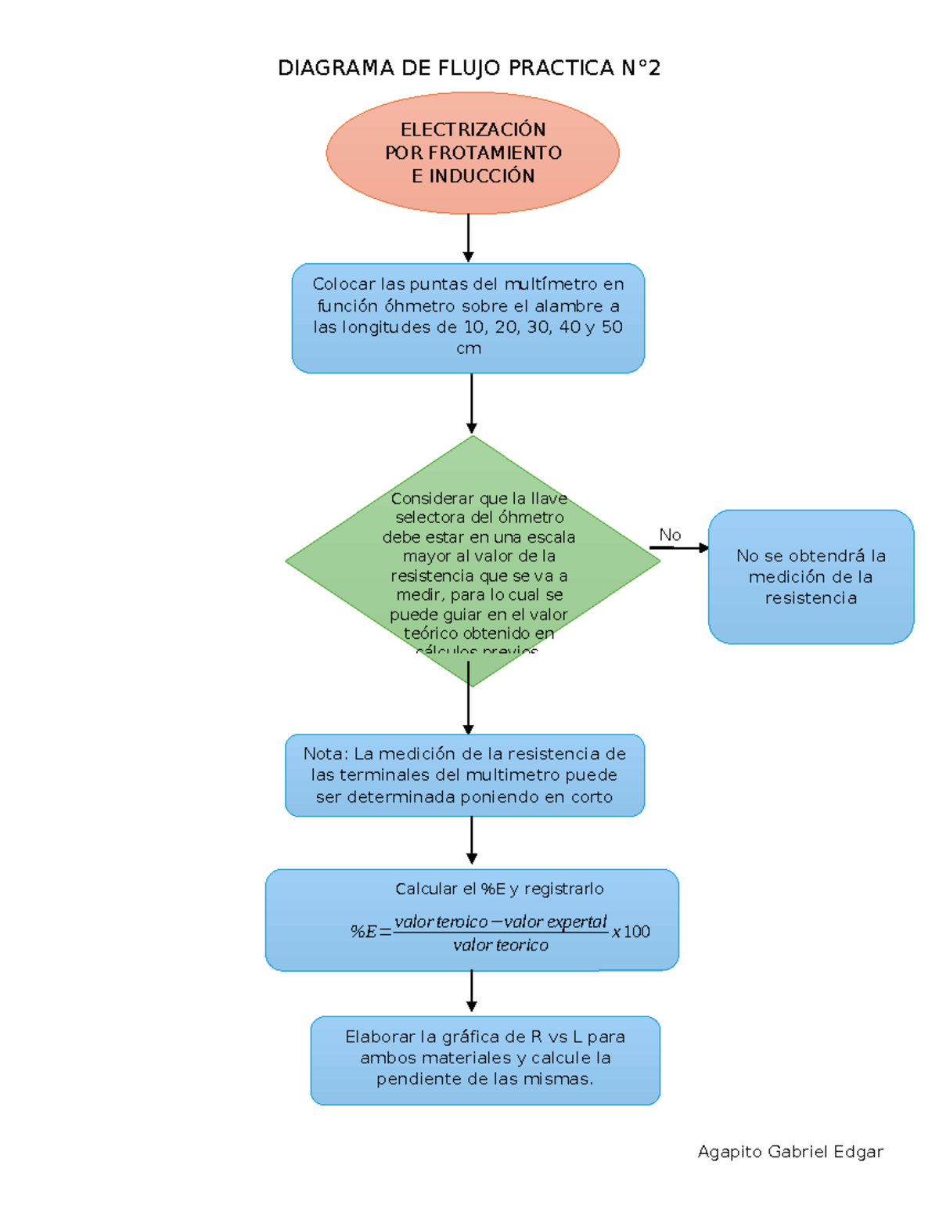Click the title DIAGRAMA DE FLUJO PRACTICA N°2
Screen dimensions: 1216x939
click(469, 68)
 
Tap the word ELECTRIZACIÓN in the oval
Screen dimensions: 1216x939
click(473, 129)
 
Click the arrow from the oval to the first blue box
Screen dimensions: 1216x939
click(468, 238)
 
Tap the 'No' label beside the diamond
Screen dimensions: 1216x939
click(670, 535)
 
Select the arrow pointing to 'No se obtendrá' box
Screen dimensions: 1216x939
click(678, 548)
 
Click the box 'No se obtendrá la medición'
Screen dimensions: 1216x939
click(811, 577)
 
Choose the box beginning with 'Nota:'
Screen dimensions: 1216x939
click(465, 775)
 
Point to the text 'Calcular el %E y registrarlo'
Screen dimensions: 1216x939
click(499, 889)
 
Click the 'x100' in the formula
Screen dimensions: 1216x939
click(631, 931)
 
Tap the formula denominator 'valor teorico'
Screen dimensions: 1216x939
click(501, 945)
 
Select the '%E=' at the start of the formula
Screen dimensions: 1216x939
click(370, 931)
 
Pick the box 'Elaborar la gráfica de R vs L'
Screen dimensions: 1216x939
click(485, 1059)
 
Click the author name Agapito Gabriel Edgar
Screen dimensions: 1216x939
click(790, 1152)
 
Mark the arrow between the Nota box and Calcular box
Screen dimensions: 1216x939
click(471, 841)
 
